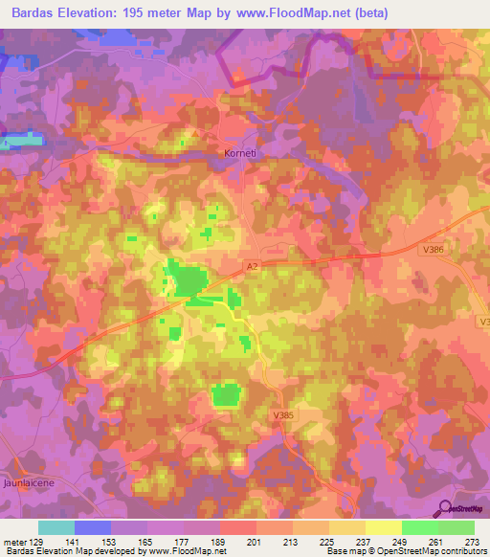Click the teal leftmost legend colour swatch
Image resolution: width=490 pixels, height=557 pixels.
(x=56, y=527)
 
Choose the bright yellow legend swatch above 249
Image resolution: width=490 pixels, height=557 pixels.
(x=384, y=527)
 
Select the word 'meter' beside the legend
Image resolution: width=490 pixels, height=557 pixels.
(x=15, y=542)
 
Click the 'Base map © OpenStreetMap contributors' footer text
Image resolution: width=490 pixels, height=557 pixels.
(x=405, y=551)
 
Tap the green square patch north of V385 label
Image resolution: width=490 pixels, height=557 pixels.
(x=226, y=394)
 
